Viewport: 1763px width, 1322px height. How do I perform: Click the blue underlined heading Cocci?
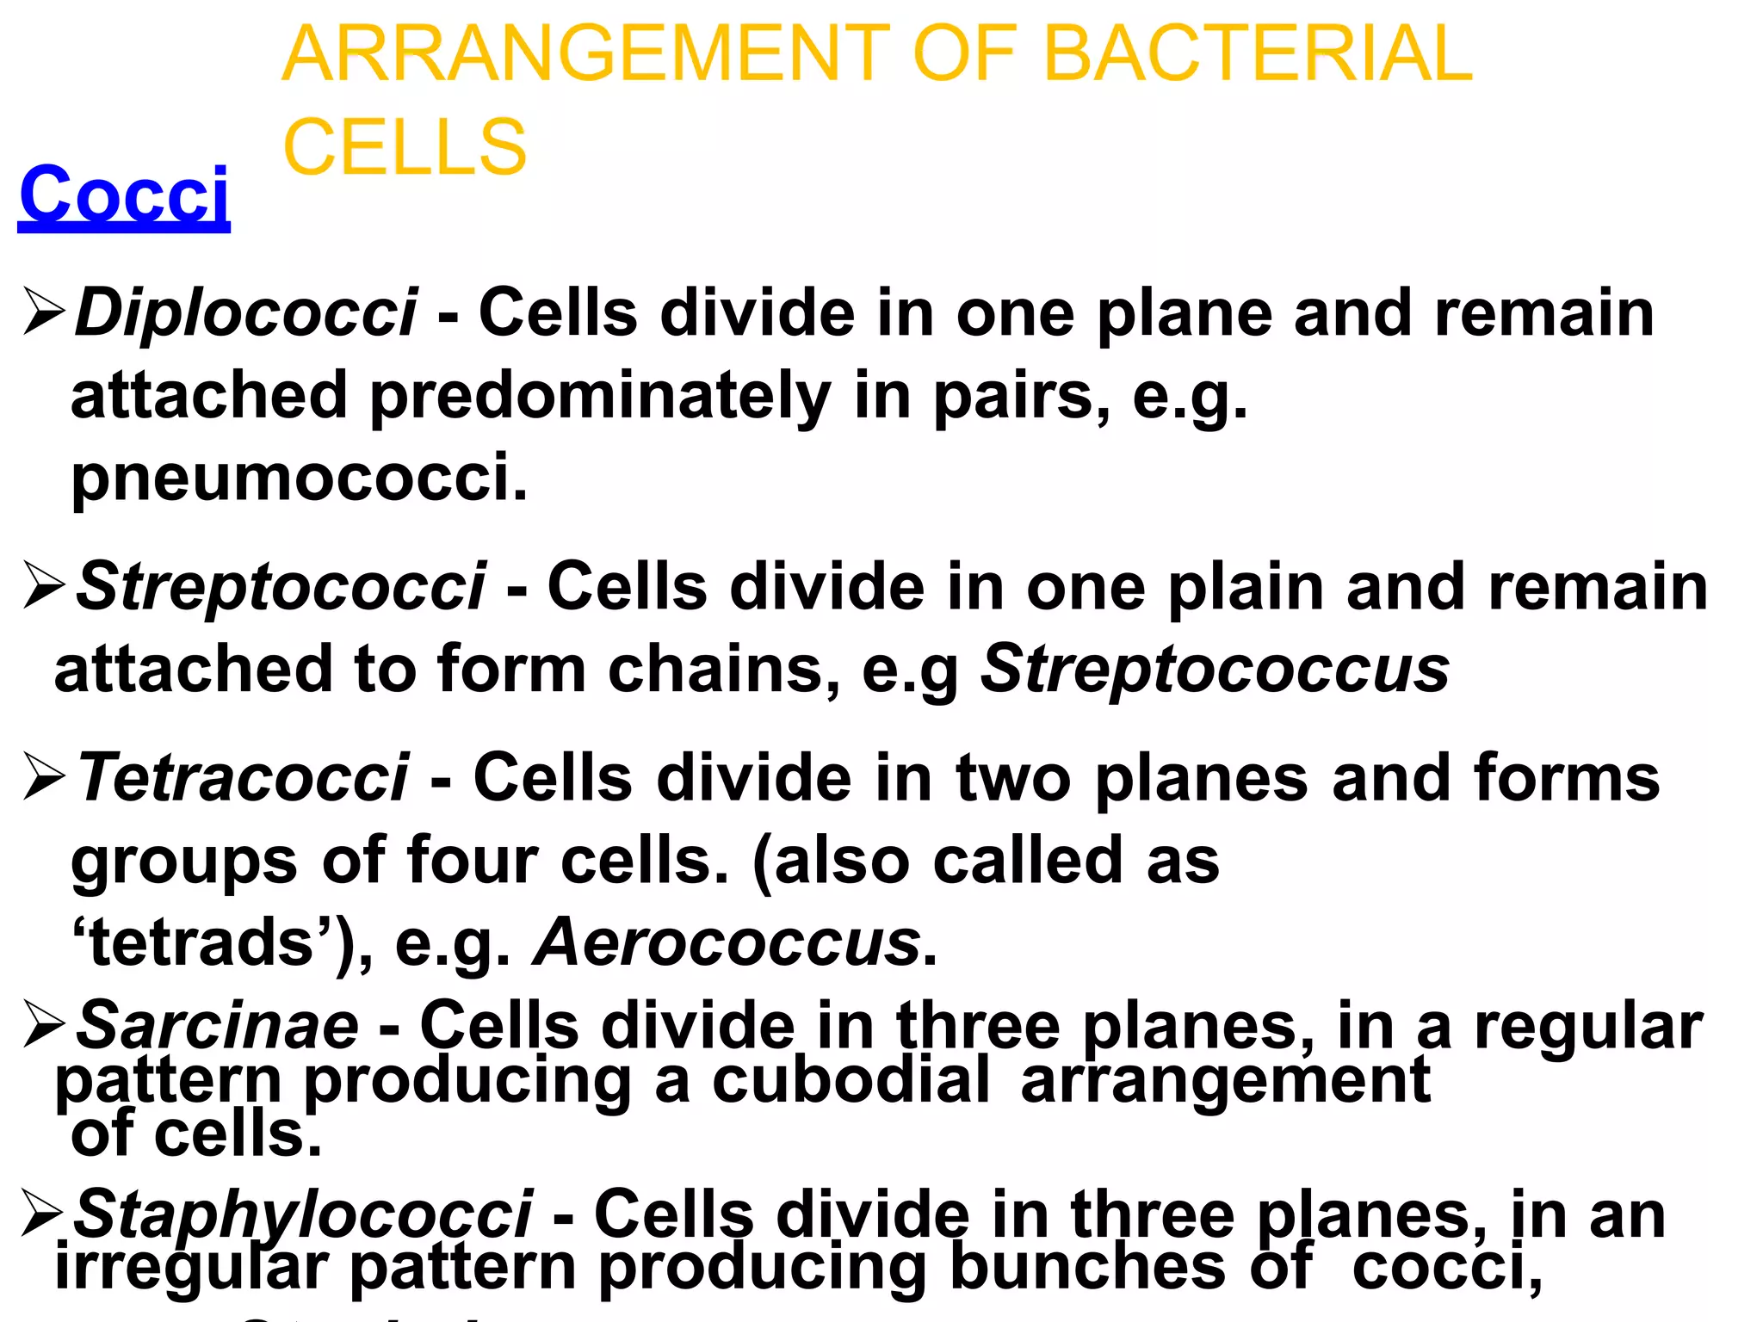pos(124,195)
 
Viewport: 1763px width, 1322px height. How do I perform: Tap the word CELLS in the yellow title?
pos(405,147)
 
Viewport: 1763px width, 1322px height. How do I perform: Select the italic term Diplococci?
pos(246,312)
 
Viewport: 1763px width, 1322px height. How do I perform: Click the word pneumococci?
pos(299,478)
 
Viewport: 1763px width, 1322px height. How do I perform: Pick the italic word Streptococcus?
pos(1215,670)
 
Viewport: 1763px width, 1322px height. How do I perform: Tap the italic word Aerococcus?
pos(728,943)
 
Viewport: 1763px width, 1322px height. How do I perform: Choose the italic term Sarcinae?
pos(218,1026)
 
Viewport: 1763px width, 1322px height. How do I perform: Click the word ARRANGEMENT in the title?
pos(585,53)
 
